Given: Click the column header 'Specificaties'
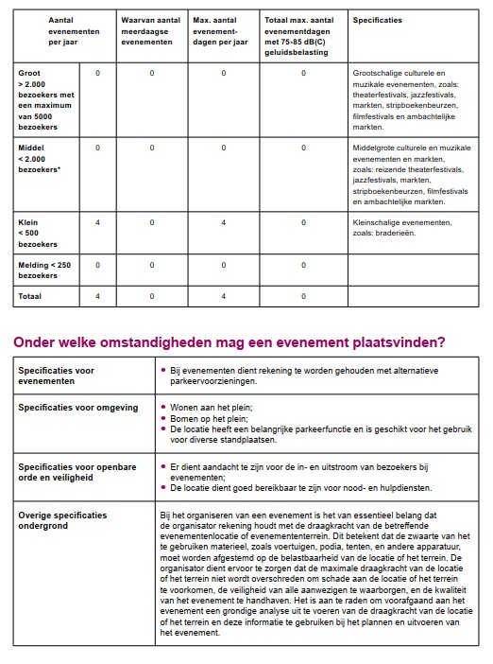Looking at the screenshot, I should coord(377,19).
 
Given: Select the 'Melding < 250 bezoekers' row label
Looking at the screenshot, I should coord(44,270).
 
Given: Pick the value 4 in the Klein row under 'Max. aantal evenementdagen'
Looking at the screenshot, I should coord(224,222).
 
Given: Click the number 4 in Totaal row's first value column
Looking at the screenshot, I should coord(97,296).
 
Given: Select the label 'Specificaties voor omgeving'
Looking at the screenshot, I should coord(77,408).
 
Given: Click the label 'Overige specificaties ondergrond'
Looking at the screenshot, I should coord(62,521).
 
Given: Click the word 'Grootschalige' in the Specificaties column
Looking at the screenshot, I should coord(380,72).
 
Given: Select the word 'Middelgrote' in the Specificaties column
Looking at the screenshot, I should coord(376,149).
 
